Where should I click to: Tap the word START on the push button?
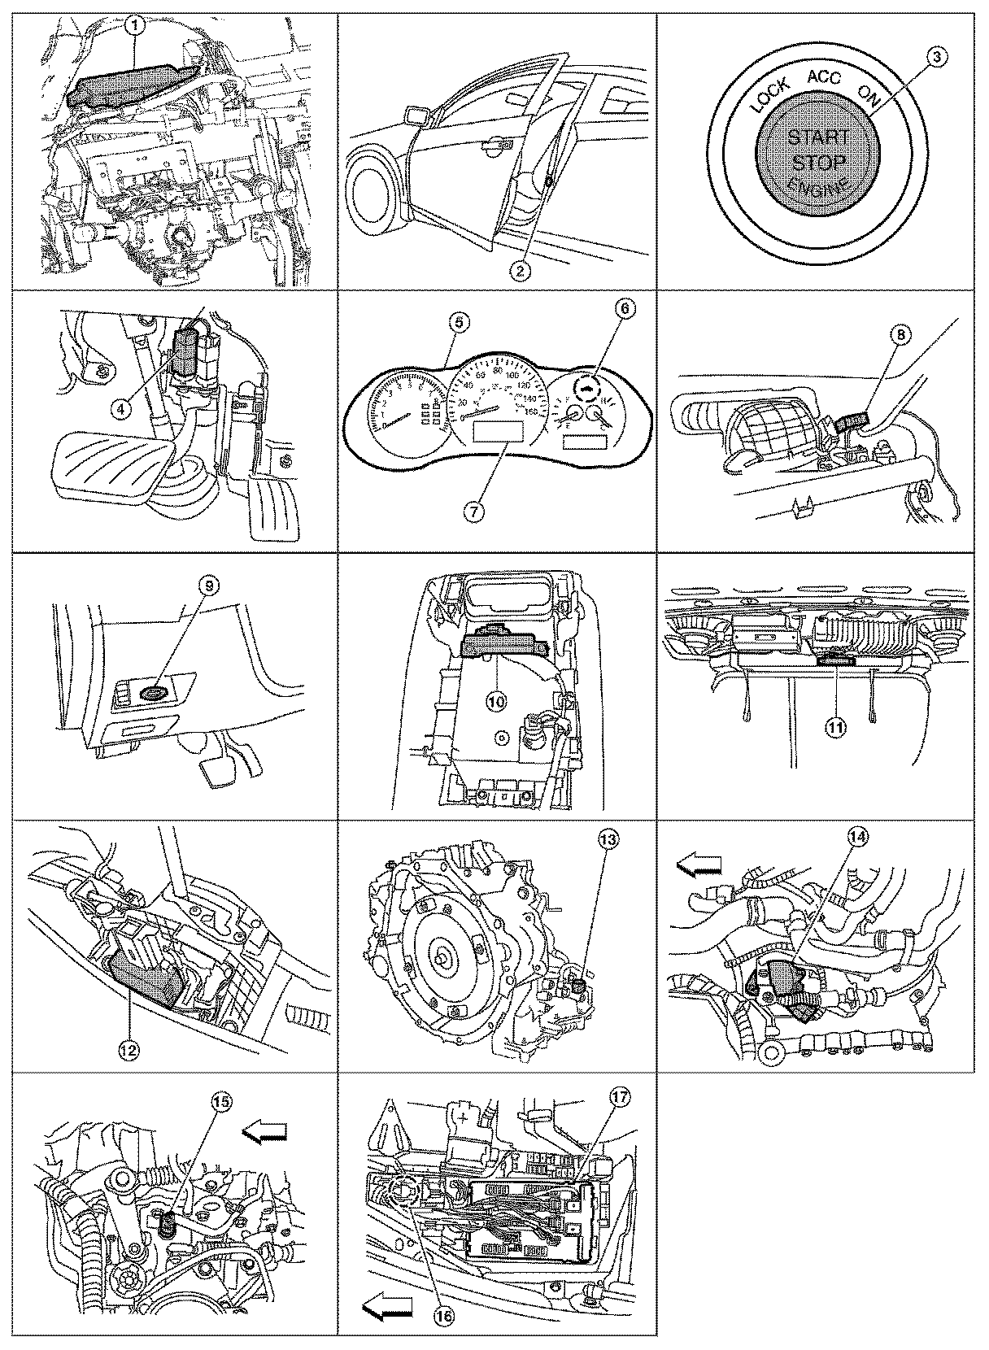point(819,136)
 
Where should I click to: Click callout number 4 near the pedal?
point(120,410)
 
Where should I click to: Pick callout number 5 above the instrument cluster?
point(458,324)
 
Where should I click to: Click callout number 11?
point(837,728)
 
